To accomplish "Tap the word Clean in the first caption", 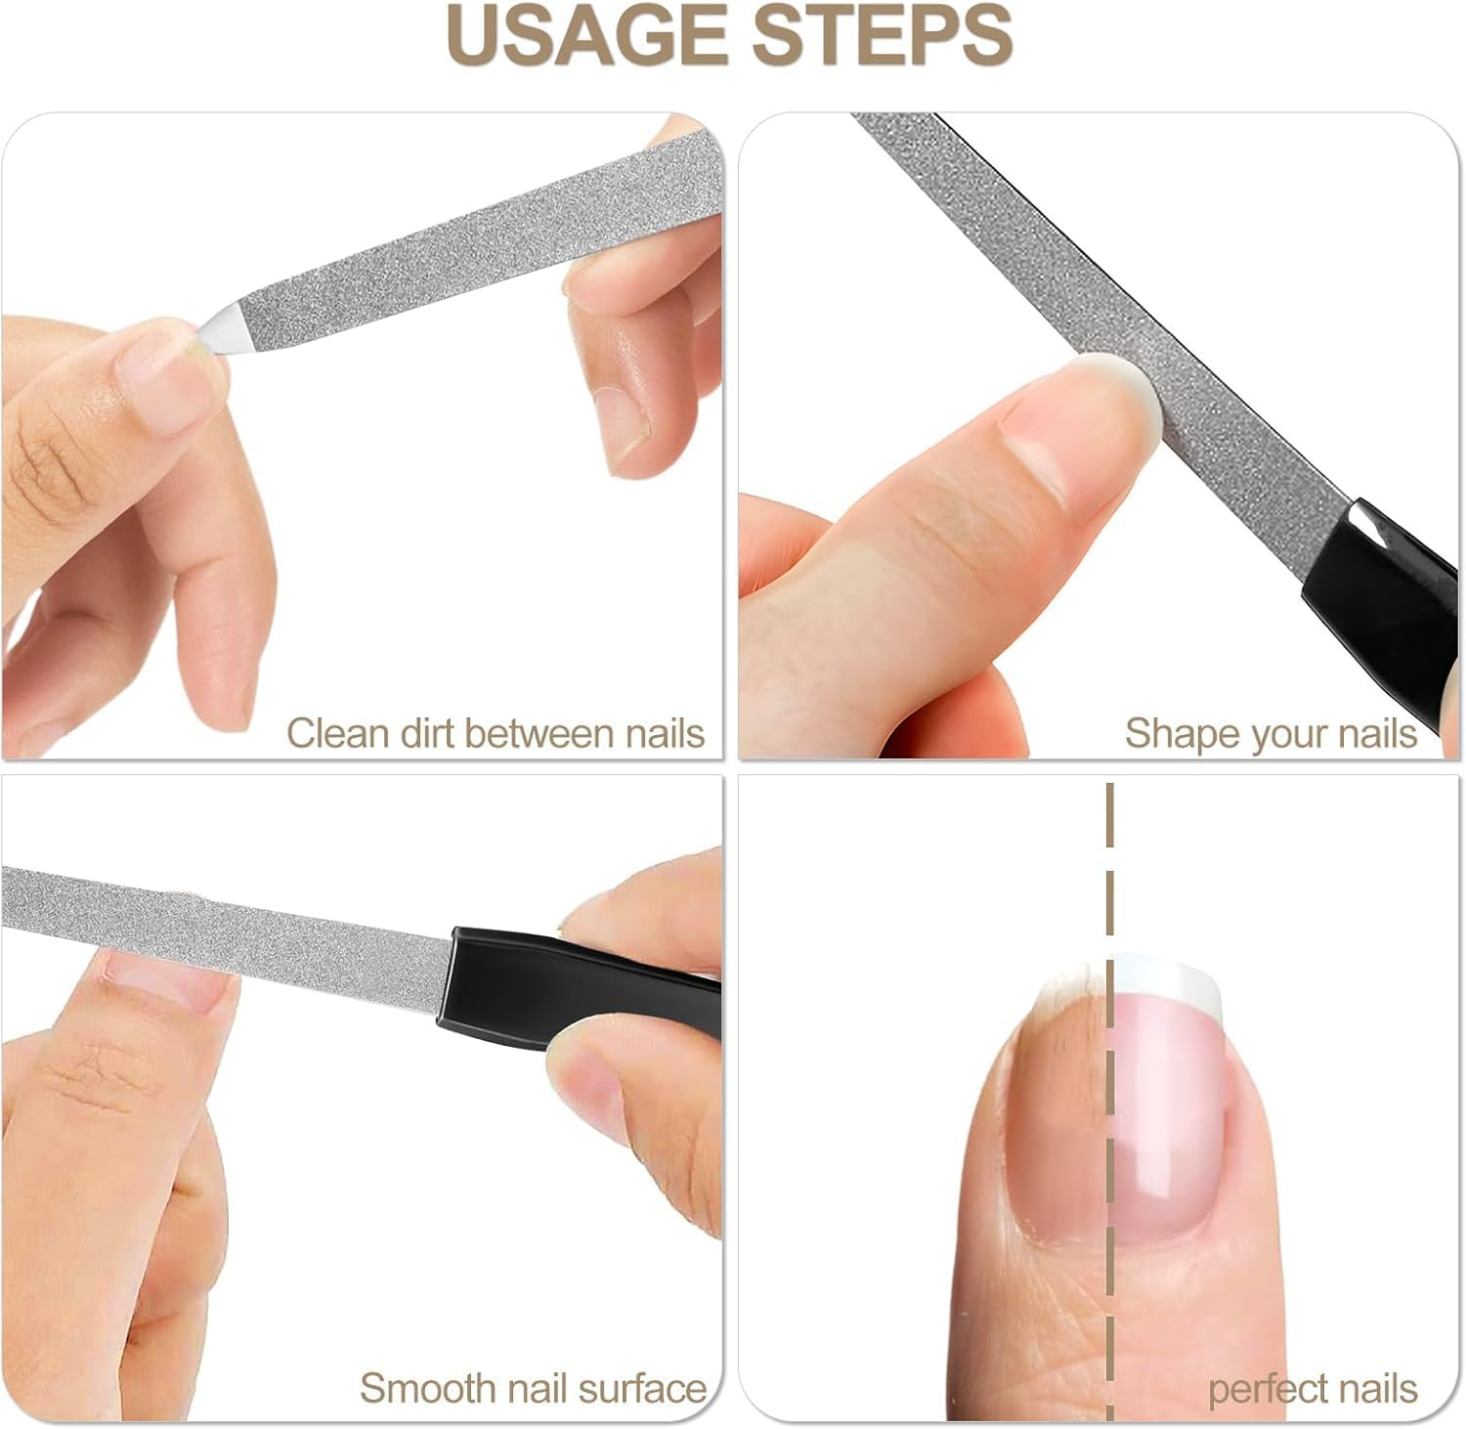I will point(339,733).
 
